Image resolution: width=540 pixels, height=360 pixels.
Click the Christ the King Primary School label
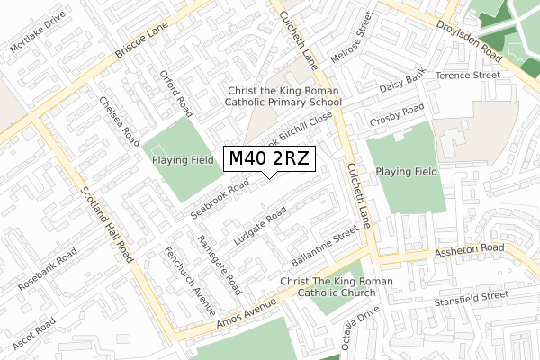(x=283, y=97)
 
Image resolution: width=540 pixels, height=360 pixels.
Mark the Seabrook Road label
(x=220, y=200)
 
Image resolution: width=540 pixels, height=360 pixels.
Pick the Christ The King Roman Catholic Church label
(x=337, y=287)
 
